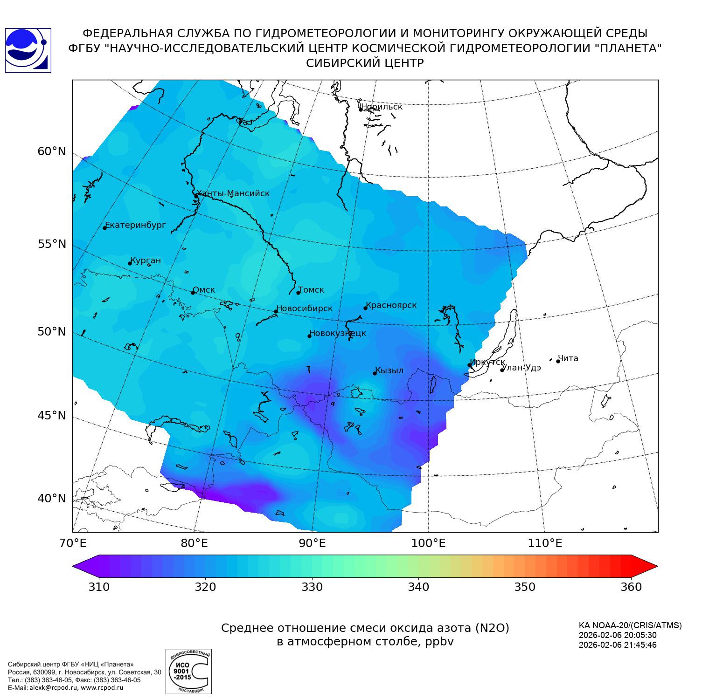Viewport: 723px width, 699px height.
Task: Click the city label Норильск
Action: [x=382, y=107]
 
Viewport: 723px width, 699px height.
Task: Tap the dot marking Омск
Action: [x=193, y=293]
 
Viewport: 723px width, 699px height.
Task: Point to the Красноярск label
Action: [x=391, y=305]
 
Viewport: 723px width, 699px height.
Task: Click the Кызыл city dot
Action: [x=375, y=373]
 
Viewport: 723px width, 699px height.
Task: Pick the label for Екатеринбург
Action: [x=136, y=225]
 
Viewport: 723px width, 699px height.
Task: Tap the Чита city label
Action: [x=568, y=358]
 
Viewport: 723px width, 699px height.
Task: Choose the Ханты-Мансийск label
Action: [x=233, y=193]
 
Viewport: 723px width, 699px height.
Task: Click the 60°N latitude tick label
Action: [x=52, y=151]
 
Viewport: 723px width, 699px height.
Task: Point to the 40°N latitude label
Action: [x=52, y=499]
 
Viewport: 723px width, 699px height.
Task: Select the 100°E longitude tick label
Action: [x=428, y=543]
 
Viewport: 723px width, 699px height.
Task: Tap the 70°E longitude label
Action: [x=73, y=543]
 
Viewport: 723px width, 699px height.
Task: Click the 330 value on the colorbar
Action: [x=312, y=587]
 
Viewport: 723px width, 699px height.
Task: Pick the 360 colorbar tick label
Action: [x=631, y=587]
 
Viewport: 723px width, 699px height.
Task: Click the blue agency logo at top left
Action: [x=28, y=50]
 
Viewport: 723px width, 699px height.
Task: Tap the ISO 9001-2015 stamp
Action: [x=188, y=671]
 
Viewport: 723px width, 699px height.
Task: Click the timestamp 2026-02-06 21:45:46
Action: [x=617, y=645]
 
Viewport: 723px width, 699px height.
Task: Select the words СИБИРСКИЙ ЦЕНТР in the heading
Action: [x=365, y=63]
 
